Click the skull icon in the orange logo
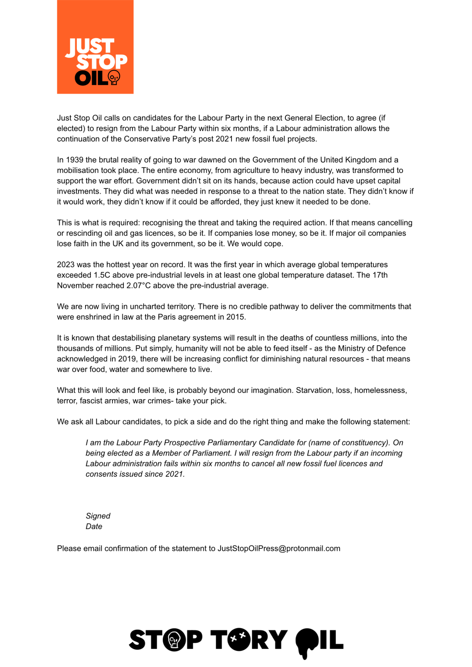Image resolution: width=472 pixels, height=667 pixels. tap(114, 78)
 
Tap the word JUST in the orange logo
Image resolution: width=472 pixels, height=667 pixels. tap(90, 46)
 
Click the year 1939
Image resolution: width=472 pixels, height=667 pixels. tap(75, 160)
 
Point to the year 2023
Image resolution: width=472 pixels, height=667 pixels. tap(66, 264)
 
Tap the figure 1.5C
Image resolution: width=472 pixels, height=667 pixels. tap(102, 275)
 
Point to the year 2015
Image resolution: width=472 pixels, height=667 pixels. tap(235, 317)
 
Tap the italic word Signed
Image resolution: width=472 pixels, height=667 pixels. tap(98, 516)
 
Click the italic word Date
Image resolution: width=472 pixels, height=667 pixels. tap(94, 526)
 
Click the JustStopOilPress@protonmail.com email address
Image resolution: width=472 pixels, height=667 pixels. tap(279, 548)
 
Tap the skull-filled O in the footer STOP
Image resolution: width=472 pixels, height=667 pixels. tap(175, 640)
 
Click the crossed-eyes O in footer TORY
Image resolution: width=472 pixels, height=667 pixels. tap(238, 639)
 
